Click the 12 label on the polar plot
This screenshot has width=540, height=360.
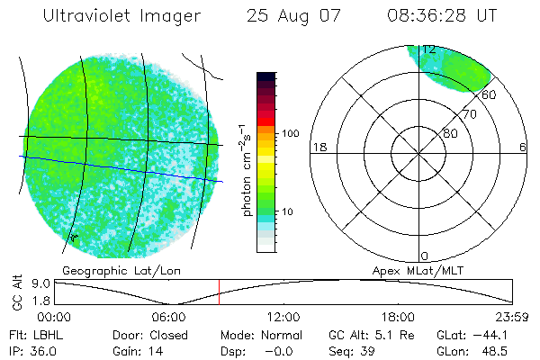coord(429,49)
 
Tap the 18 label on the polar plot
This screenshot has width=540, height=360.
coord(318,147)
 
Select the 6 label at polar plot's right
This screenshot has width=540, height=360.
coord(523,147)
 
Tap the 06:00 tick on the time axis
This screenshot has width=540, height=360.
coord(168,317)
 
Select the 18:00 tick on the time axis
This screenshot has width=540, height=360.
coord(398,317)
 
